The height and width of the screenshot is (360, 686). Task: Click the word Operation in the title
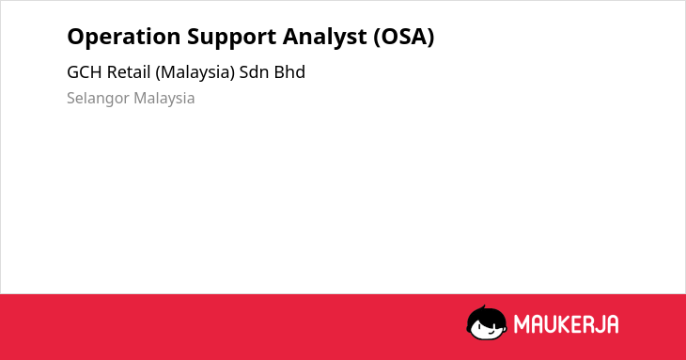click(x=123, y=38)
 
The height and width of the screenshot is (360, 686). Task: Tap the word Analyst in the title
click(x=324, y=38)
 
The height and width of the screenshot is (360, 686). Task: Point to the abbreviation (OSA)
click(x=404, y=37)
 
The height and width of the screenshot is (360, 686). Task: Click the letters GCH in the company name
click(x=85, y=72)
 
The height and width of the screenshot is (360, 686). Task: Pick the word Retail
click(x=129, y=72)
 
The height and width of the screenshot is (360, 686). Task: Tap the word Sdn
click(x=254, y=72)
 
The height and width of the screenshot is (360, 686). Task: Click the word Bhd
click(x=289, y=72)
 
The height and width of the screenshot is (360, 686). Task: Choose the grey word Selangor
click(x=98, y=99)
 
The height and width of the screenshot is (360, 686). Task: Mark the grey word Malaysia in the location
click(x=164, y=99)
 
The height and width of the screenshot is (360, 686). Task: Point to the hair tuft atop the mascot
click(x=483, y=307)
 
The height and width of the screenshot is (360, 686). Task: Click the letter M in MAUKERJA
click(x=522, y=324)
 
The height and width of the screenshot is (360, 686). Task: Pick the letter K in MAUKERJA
click(x=569, y=324)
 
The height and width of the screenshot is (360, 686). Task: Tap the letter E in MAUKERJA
click(x=583, y=324)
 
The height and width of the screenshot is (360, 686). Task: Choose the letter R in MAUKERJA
click(x=596, y=324)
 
